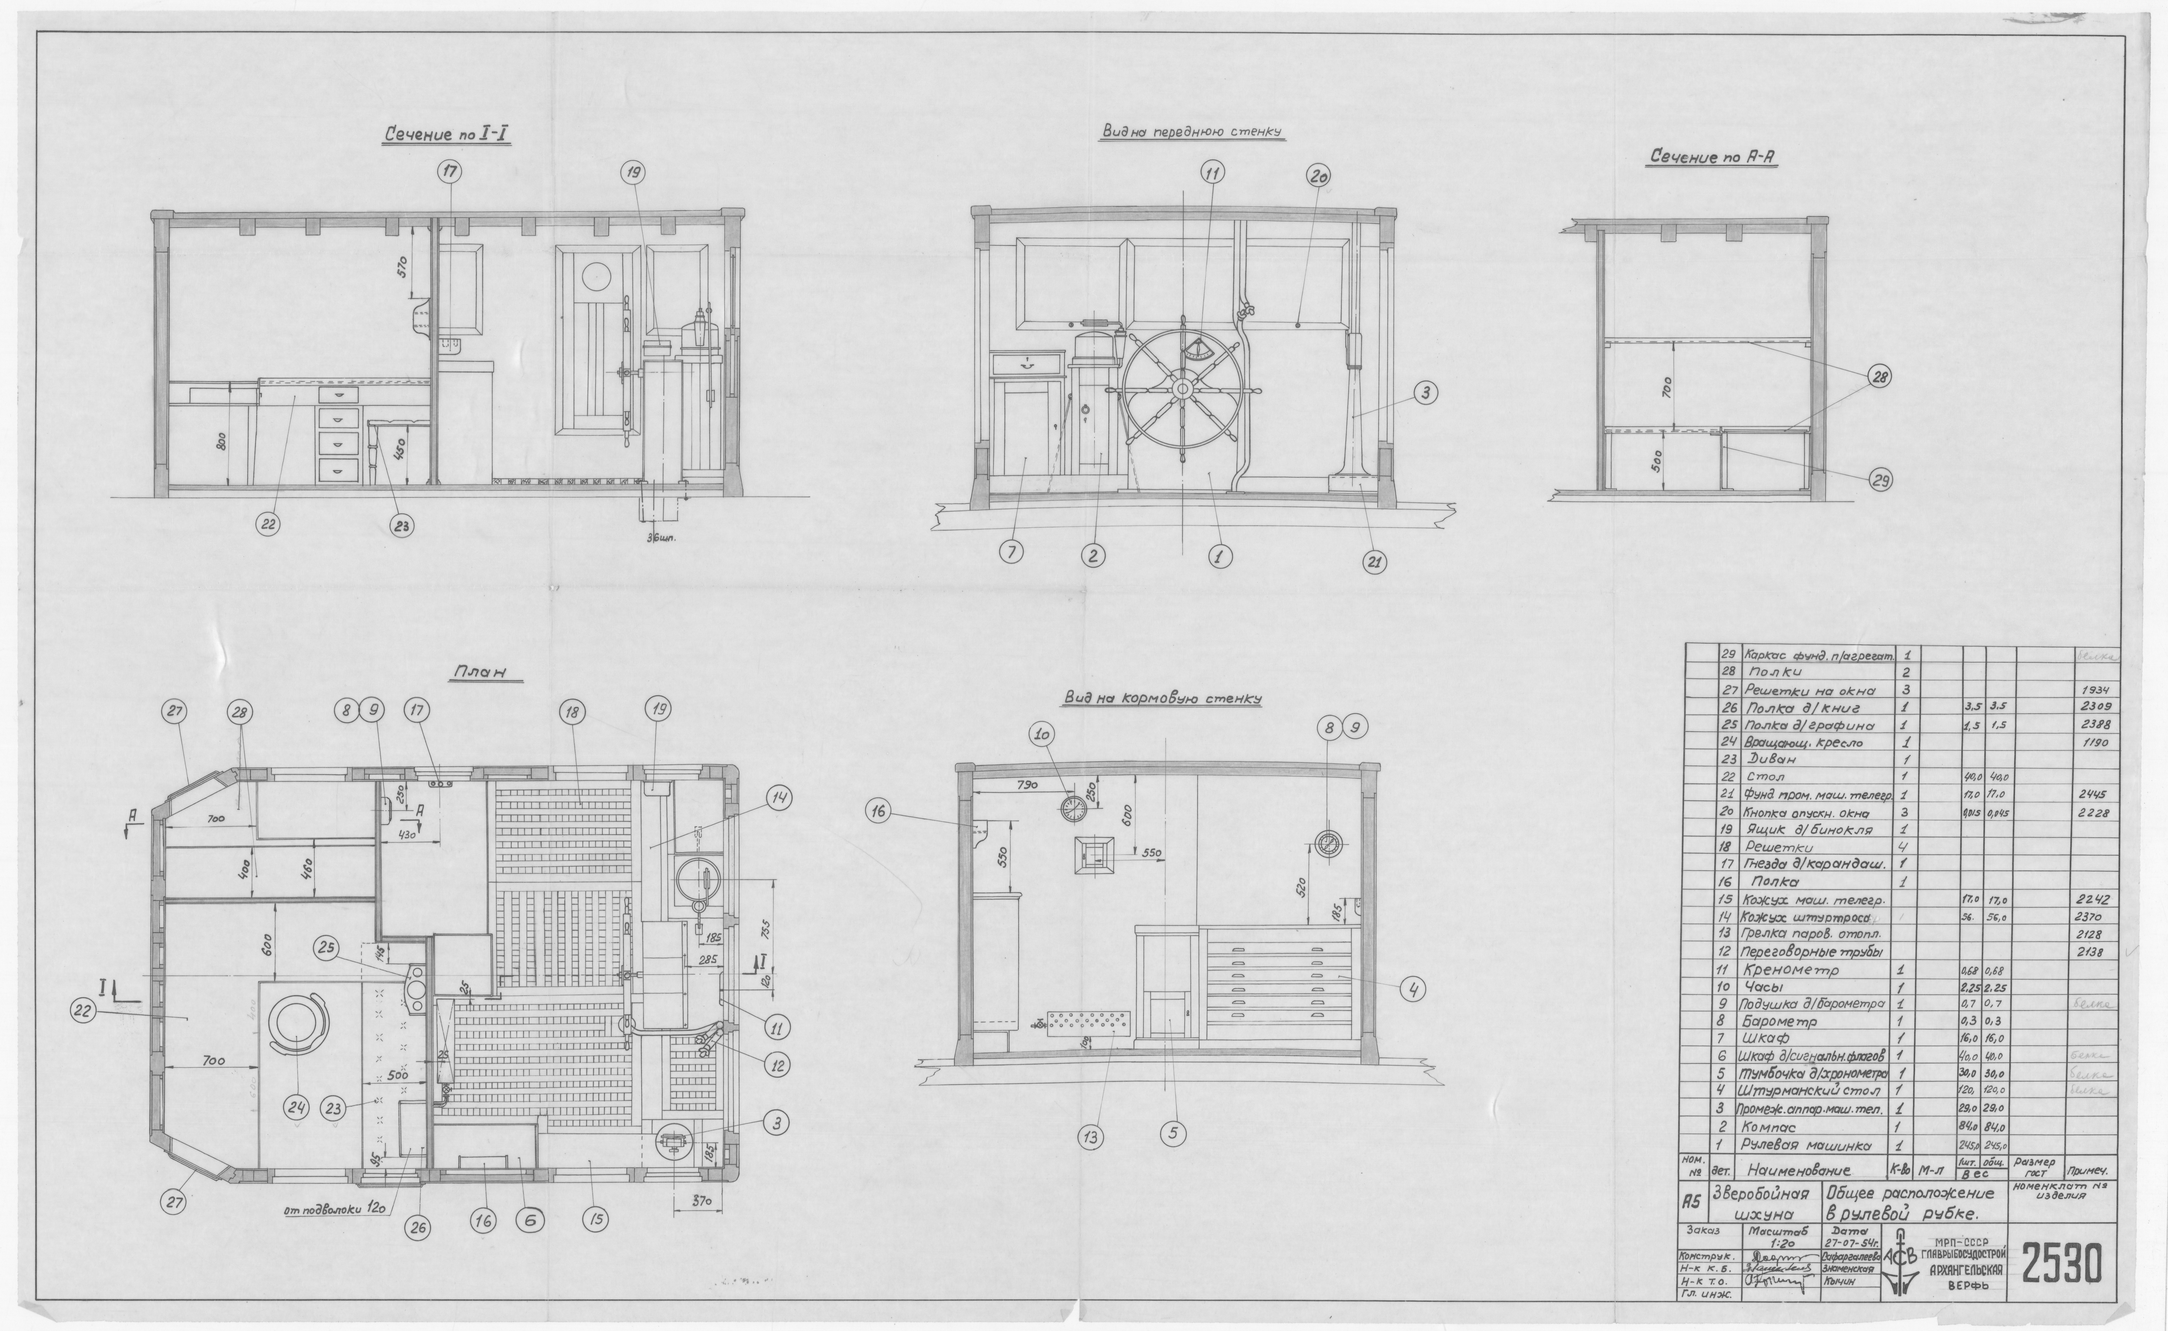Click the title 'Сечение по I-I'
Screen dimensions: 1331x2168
[x=448, y=135]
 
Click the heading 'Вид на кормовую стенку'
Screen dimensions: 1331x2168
[x=1162, y=698]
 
